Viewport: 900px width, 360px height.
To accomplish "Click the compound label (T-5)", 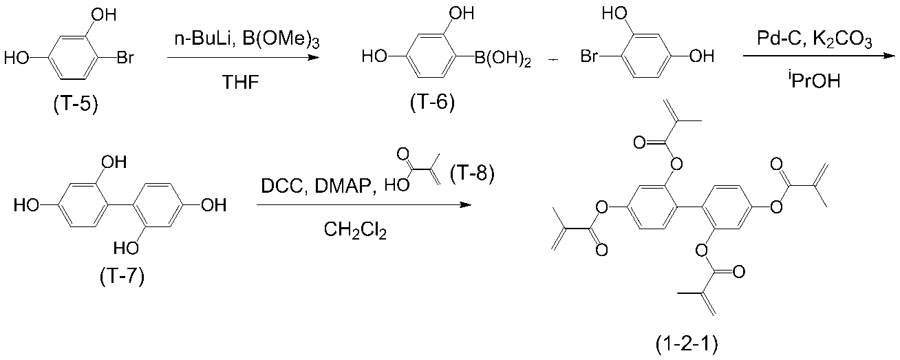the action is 76,105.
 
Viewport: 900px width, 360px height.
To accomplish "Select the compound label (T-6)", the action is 432,103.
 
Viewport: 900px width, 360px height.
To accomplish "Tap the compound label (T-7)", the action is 122,277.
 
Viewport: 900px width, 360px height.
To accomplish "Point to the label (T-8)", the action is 472,173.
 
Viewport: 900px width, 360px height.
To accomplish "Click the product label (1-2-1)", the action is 686,344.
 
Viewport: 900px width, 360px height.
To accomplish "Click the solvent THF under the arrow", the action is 241,83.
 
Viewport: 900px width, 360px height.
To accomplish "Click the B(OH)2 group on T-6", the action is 502,59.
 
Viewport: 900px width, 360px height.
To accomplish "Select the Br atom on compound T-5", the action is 125,59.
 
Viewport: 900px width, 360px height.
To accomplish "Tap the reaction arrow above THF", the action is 244,57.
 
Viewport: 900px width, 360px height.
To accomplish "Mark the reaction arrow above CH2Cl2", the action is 364,205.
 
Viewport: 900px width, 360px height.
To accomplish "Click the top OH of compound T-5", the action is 104,15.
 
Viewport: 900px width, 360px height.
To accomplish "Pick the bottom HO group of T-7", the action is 126,248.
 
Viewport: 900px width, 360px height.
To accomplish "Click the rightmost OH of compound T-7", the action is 214,205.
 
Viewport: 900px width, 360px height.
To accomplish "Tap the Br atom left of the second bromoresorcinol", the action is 589,56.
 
